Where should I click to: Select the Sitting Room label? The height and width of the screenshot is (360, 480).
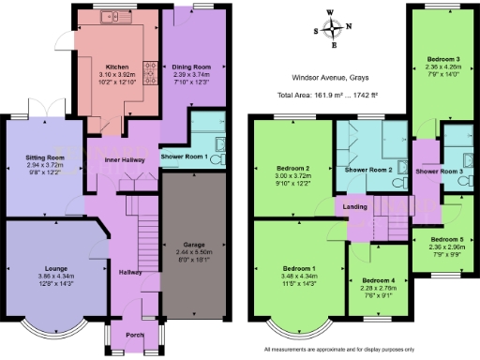(x=44, y=157)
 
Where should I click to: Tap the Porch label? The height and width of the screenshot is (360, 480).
(x=133, y=334)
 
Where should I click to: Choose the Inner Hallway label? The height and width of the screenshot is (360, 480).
(x=123, y=160)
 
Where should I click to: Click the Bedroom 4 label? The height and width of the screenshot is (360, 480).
(x=378, y=280)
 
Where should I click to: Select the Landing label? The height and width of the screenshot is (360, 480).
(x=354, y=207)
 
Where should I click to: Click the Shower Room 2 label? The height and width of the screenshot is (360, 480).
(x=367, y=170)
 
